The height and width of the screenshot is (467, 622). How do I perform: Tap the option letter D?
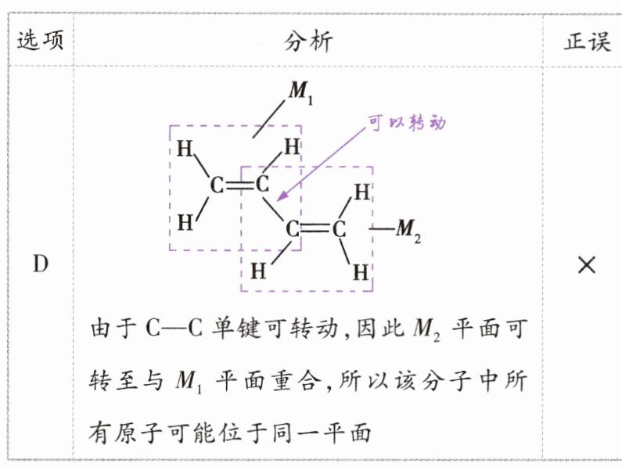[40, 264]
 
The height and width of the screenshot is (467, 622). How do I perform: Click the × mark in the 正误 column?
[587, 265]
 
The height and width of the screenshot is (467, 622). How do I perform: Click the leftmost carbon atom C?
[218, 186]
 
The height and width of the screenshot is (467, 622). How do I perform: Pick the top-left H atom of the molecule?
[185, 148]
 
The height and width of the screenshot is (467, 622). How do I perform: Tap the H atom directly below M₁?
[291, 147]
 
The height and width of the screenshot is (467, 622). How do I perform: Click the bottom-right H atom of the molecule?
[361, 272]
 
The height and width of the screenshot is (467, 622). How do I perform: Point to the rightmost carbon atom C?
[339, 230]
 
